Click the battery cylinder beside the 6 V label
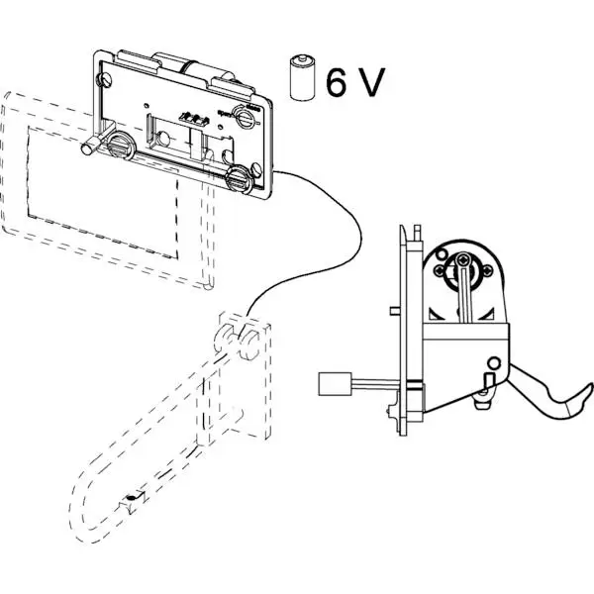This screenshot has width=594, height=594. pos(300,79)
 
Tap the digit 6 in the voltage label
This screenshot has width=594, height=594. pos(336,83)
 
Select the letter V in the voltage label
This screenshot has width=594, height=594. pos(369,83)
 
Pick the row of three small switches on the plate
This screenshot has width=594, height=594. pos(191,118)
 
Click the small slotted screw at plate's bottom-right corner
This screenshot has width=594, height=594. pos(260,190)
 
